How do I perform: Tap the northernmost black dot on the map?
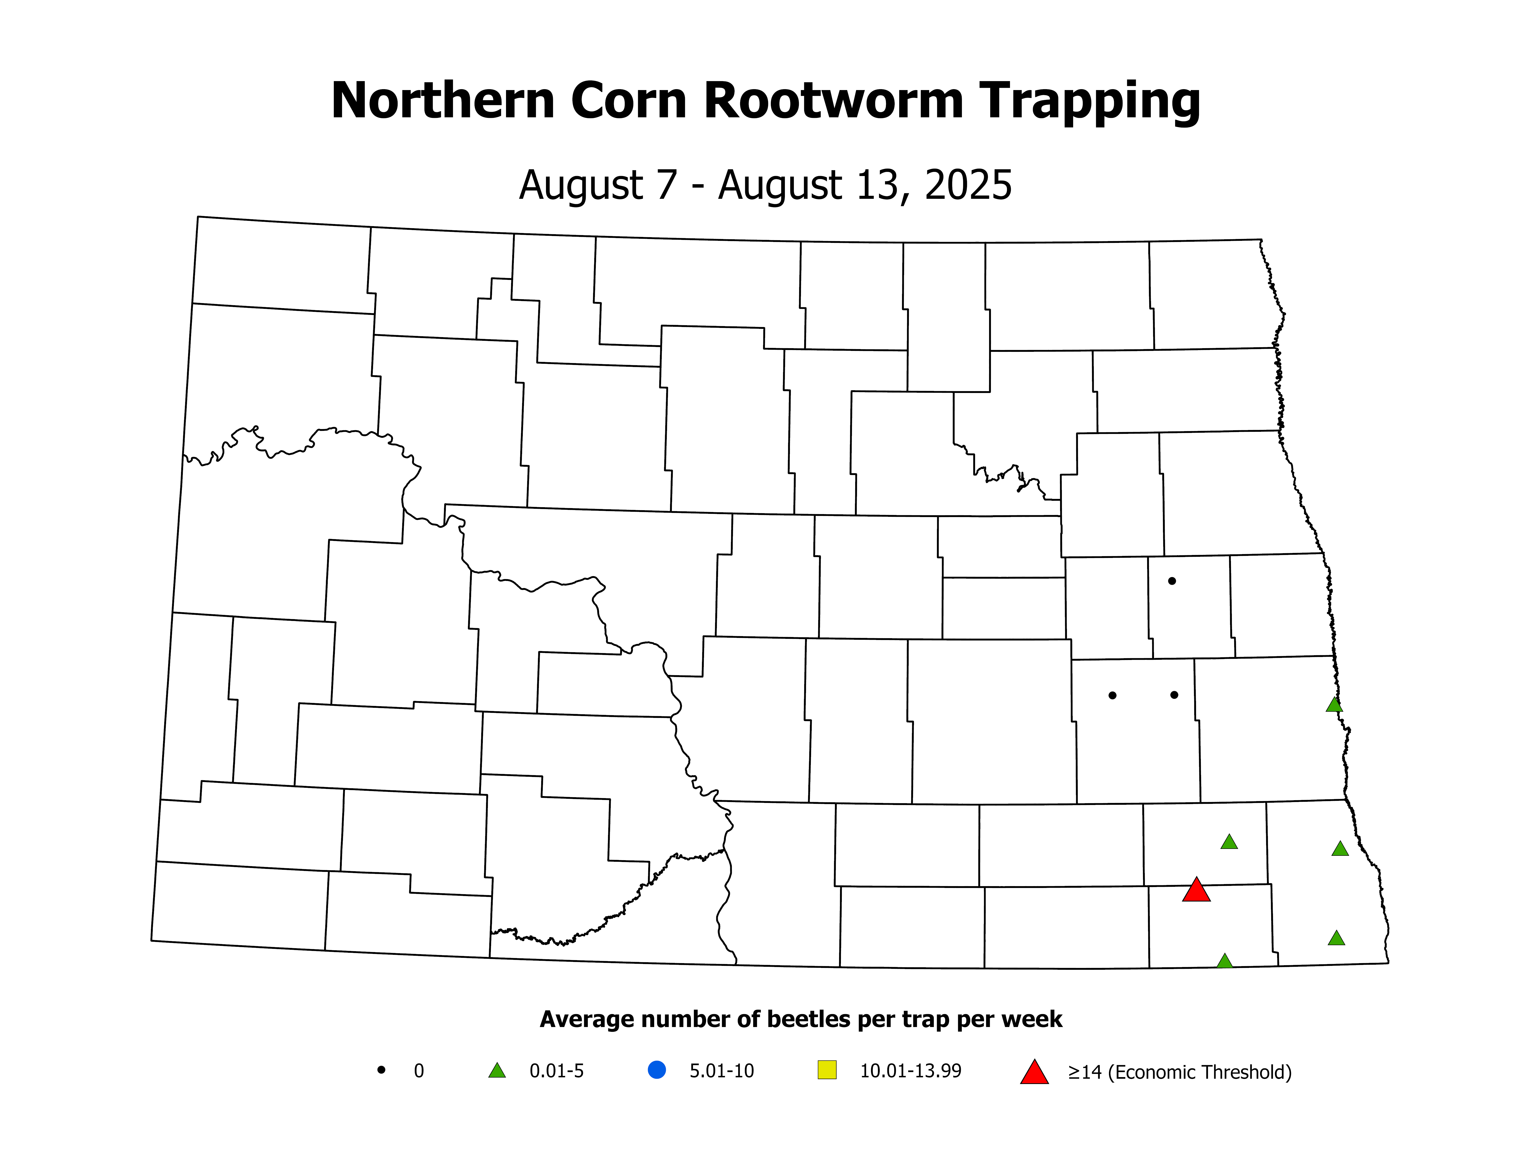1172,581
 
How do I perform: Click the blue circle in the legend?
657,1070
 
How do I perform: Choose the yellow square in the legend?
827,1070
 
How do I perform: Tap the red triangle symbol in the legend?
1034,1073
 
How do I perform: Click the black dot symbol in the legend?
381,1070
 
